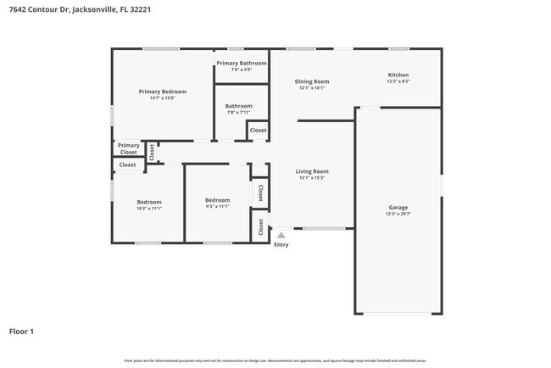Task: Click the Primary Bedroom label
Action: click(x=163, y=92)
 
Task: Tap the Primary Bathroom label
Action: click(x=242, y=64)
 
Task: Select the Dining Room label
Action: click(x=313, y=81)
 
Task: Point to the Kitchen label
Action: click(x=398, y=75)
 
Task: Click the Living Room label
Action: click(x=312, y=171)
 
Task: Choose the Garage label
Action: click(x=398, y=208)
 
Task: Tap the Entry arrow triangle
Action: click(x=281, y=235)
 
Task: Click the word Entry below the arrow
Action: click(x=281, y=245)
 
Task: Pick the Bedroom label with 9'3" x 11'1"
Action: click(x=218, y=200)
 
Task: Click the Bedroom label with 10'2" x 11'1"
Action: click(x=149, y=201)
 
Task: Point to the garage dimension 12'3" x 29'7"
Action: click(x=398, y=215)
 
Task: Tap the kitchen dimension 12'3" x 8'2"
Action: click(x=398, y=81)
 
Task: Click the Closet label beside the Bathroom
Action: click(x=258, y=131)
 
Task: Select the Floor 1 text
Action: click(x=21, y=332)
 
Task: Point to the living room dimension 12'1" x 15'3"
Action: click(x=312, y=178)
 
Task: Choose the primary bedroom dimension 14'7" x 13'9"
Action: click(x=163, y=98)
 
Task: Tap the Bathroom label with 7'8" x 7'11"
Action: click(x=239, y=106)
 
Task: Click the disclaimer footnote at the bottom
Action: click(x=275, y=360)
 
